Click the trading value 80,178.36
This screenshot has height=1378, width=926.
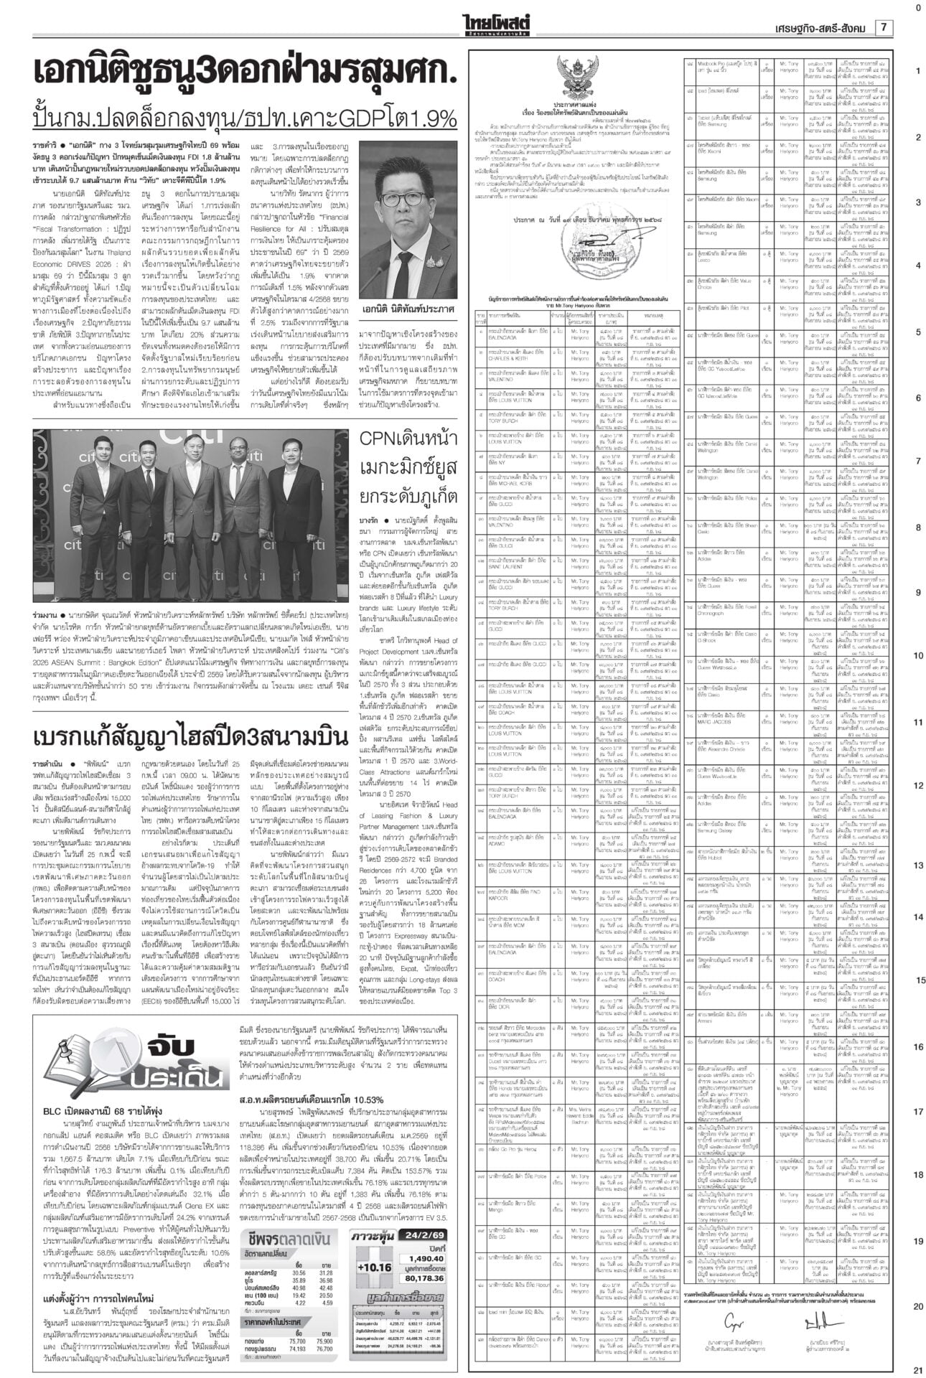pos(425,1278)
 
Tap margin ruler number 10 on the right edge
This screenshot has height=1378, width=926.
pos(918,656)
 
